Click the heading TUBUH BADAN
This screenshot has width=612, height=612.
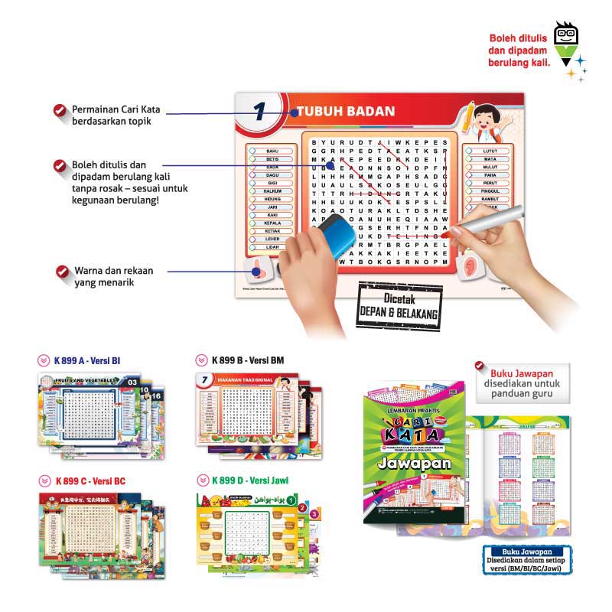[x=346, y=112]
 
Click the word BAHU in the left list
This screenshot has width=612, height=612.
[x=272, y=151]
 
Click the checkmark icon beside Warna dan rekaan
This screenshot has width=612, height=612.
[x=62, y=272]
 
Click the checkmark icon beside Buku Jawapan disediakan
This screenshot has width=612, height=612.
[x=479, y=365]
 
